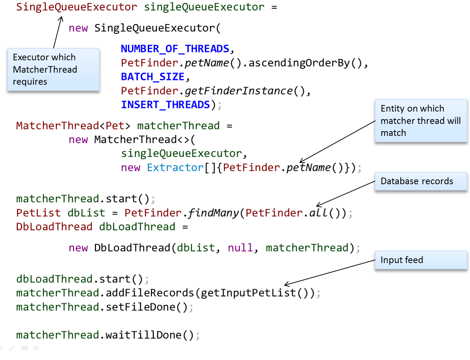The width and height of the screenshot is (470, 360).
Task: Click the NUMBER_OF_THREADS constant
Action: pyautogui.click(x=175, y=49)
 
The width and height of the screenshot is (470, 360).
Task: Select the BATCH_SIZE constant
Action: pyautogui.click(x=153, y=77)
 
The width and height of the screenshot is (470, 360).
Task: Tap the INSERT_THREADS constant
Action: pyautogui.click(x=165, y=105)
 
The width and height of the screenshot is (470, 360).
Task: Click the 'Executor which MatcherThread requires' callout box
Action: pyautogui.click(x=53, y=69)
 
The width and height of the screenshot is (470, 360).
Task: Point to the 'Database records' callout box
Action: pyautogui.click(x=421, y=181)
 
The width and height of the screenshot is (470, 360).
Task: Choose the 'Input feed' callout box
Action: pyautogui.click(x=421, y=260)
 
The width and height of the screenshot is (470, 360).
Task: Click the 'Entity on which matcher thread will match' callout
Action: pyautogui.click(x=421, y=121)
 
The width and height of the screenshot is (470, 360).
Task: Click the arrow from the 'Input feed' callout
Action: pyautogui.click(x=329, y=272)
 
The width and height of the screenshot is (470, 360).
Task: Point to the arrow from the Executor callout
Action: pyautogui.click(x=57, y=33)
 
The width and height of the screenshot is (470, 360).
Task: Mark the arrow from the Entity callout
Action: pyautogui.click(x=337, y=142)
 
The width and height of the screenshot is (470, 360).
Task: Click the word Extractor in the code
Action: pyautogui.click(x=175, y=167)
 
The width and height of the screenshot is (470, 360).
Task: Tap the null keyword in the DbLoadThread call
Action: pyautogui.click(x=240, y=248)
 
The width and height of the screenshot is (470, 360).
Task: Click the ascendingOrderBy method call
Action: pyautogui.click(x=299, y=63)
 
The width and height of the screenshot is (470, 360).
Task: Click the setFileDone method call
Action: pyautogui.click(x=140, y=307)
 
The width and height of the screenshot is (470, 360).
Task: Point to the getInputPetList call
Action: pyautogui.click(x=248, y=293)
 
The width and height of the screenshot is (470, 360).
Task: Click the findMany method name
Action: pyautogui.click(x=213, y=213)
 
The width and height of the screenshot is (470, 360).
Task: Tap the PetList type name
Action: pyautogui.click(x=33, y=213)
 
